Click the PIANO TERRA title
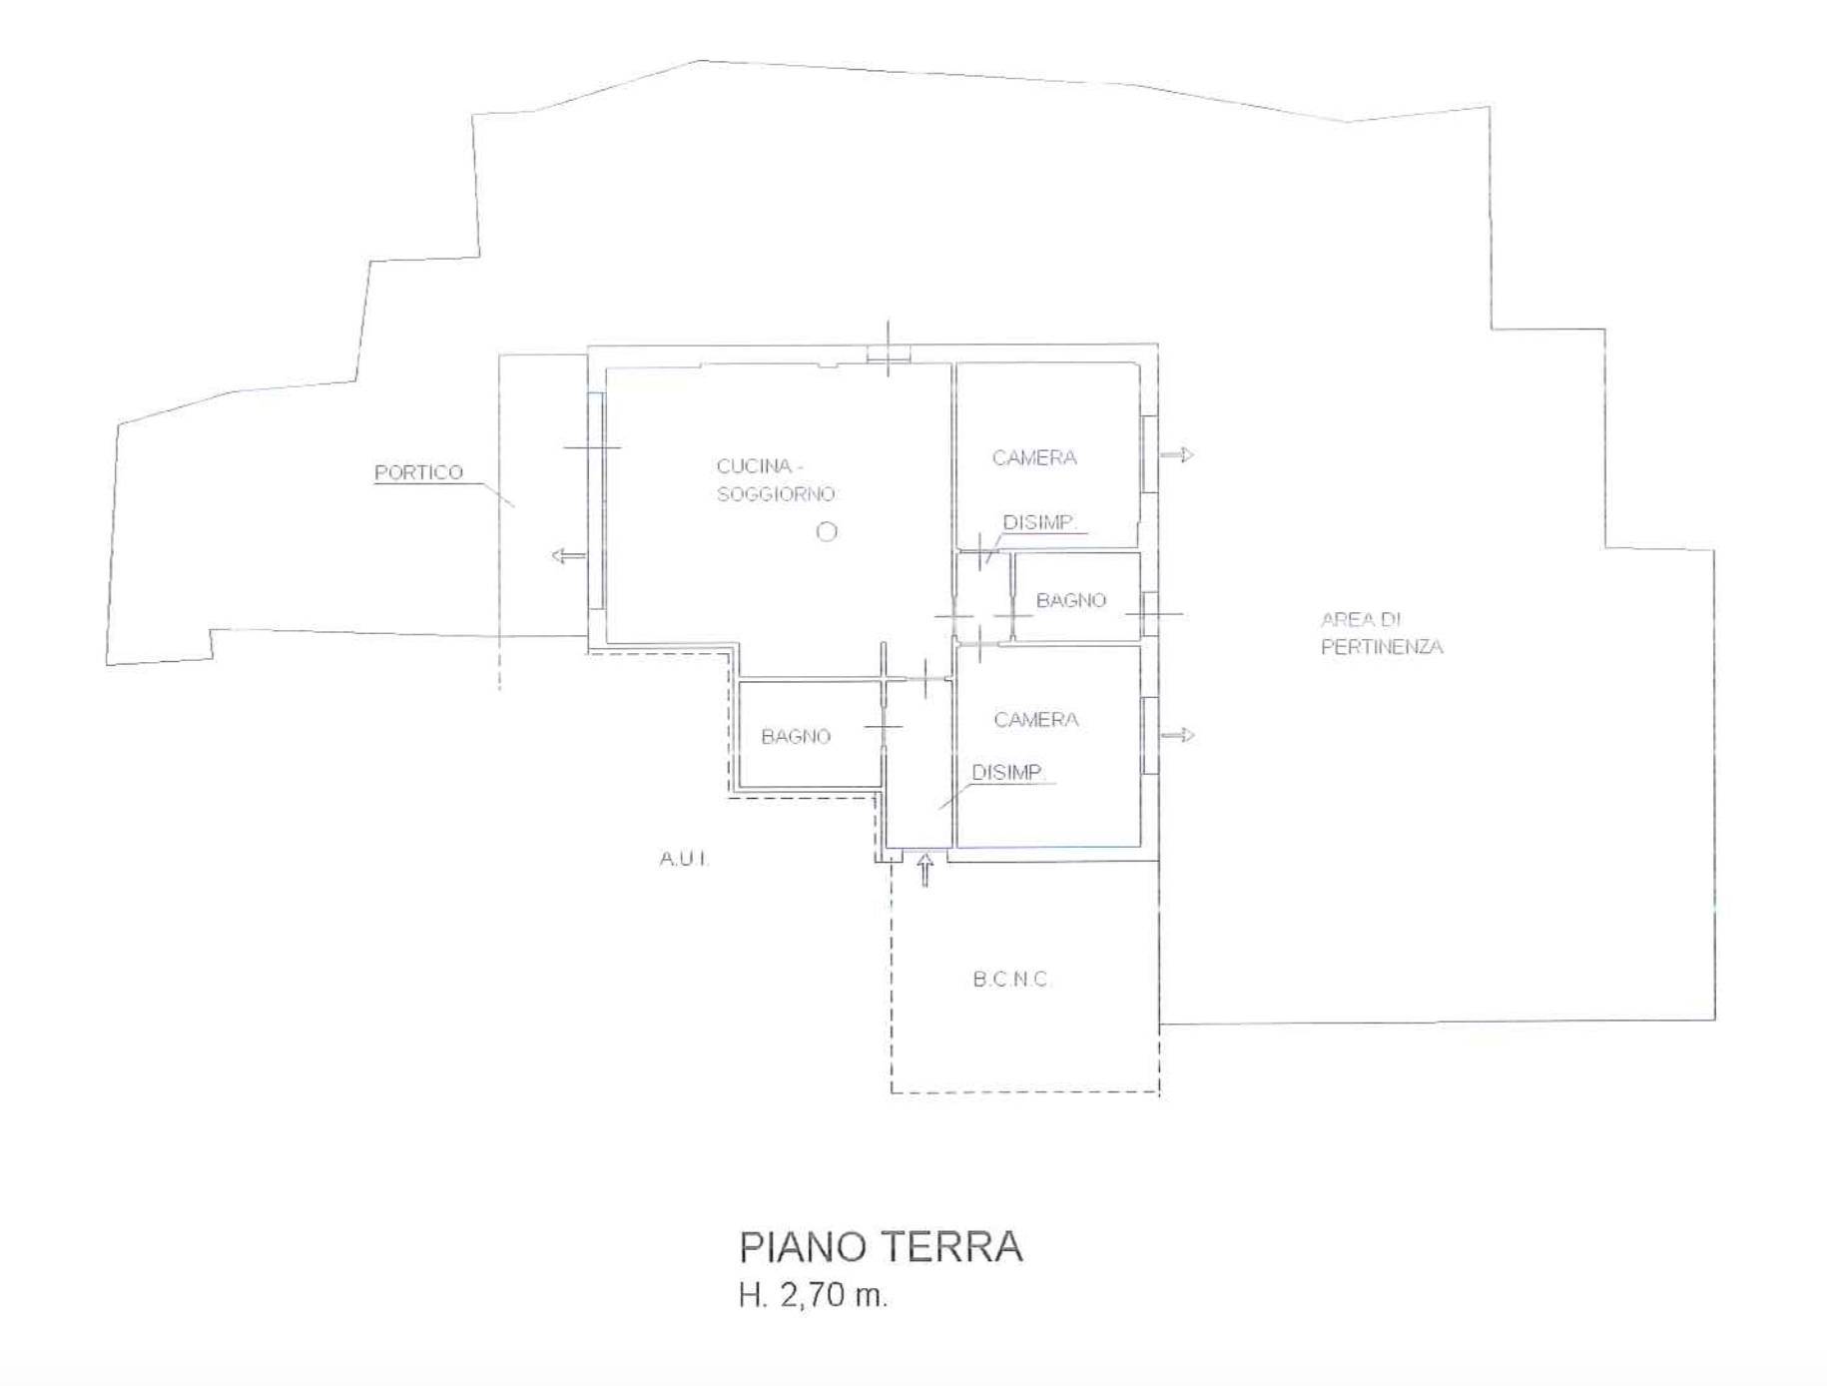(x=881, y=1247)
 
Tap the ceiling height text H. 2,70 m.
(x=813, y=1295)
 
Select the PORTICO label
(x=418, y=472)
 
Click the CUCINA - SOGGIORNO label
(x=777, y=480)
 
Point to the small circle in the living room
(x=827, y=532)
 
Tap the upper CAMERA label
(x=1034, y=458)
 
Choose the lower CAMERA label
(x=1036, y=720)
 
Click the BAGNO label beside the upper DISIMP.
(x=1071, y=601)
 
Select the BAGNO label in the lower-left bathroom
(x=796, y=737)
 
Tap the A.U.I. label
(x=685, y=859)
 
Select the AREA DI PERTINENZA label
(x=1382, y=633)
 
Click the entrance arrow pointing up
(x=925, y=870)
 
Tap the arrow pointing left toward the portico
(x=569, y=556)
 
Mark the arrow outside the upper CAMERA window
(x=1177, y=455)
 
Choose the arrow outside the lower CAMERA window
(x=1177, y=736)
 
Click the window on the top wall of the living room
(x=889, y=353)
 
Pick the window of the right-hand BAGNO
(x=1150, y=613)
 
